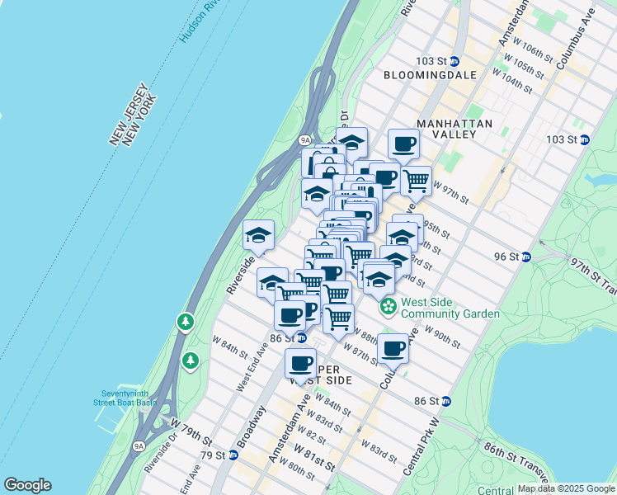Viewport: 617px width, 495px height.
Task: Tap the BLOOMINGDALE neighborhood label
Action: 431,75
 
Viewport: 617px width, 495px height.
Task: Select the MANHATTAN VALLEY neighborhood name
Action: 455,129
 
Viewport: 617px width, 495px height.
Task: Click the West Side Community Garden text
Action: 450,308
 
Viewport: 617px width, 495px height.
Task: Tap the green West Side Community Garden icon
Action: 388,308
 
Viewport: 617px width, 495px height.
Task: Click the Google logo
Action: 27,485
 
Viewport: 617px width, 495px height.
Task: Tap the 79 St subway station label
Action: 212,455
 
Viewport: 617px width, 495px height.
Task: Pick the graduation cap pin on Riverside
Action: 259,234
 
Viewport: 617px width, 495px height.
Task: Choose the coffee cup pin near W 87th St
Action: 394,347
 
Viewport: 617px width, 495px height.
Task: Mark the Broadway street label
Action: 252,428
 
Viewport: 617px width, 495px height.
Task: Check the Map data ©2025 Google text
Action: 566,488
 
